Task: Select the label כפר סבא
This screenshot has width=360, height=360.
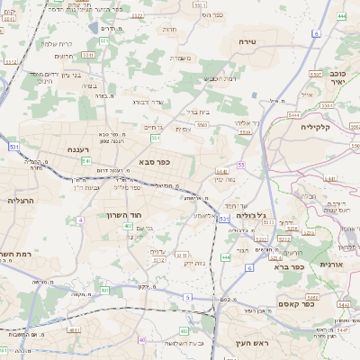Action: pos(155,162)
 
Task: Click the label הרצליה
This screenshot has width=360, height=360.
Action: pos(19,201)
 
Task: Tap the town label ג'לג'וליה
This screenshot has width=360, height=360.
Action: pos(251,216)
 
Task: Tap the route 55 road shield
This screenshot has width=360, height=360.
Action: pos(241,166)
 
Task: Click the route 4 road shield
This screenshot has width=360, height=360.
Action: pos(80,219)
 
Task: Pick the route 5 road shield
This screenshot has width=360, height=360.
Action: pos(187,296)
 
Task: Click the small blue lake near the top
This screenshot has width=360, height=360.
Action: pos(94,28)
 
